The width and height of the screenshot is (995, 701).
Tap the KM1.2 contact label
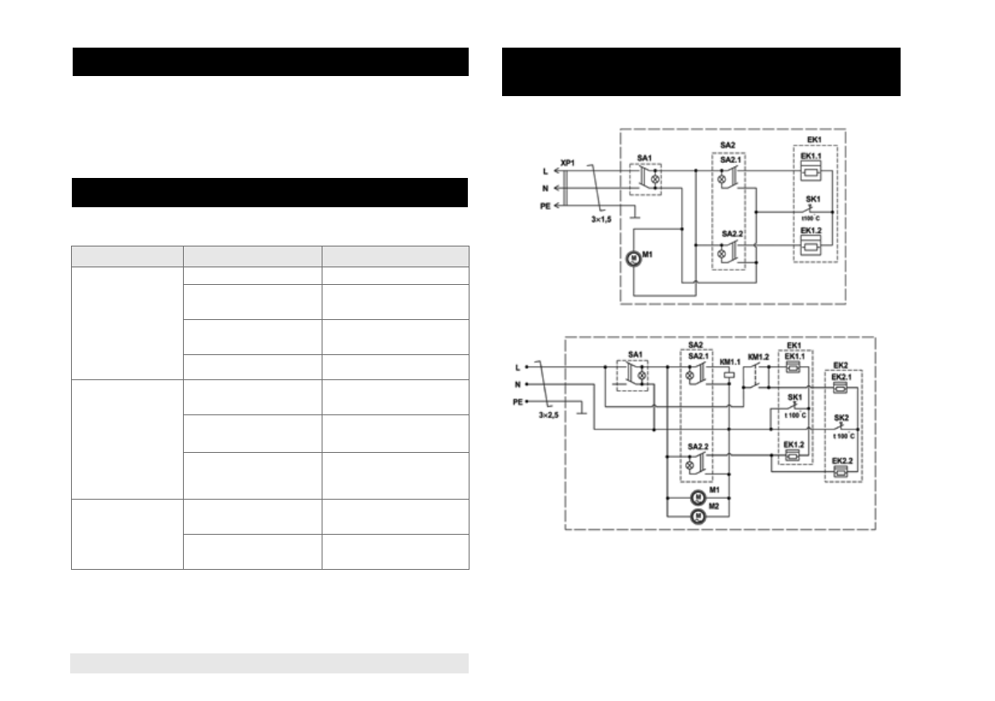pos(759,356)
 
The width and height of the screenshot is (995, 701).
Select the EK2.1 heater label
pos(841,378)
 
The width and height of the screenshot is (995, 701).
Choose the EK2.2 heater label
pos(841,460)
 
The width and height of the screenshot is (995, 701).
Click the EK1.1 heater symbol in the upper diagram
pos(810,174)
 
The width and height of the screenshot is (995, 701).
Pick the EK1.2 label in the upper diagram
pos(810,231)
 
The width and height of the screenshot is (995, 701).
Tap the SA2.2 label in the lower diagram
pos(698,446)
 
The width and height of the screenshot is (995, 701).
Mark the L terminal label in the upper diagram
pos(546,171)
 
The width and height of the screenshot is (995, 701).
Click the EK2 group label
pos(840,365)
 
